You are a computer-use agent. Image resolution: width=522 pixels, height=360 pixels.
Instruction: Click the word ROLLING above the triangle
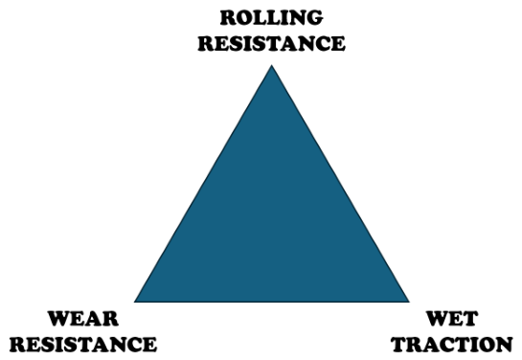(x=271, y=17)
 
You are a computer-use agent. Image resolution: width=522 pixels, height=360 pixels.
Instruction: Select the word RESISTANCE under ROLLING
(x=272, y=43)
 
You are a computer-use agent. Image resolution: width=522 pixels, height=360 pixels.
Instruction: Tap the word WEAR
(x=83, y=319)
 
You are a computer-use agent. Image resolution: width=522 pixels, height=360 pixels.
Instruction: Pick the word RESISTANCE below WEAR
(x=83, y=344)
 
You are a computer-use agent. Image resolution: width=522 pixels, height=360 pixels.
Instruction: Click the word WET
(x=452, y=319)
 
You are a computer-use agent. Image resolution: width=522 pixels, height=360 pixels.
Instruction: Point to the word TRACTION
(x=452, y=344)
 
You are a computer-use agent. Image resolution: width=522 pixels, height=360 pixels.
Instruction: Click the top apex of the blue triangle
(x=272, y=65)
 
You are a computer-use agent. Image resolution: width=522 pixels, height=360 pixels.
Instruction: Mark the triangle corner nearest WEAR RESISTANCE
(x=134, y=303)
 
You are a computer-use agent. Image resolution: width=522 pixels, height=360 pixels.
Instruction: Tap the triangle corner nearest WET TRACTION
(x=410, y=303)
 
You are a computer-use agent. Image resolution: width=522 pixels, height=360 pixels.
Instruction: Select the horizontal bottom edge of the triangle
(x=272, y=303)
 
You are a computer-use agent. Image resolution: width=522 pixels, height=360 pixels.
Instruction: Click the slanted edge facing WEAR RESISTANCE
(x=203, y=183)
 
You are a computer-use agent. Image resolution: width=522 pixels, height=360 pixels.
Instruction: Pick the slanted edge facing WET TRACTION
(x=341, y=183)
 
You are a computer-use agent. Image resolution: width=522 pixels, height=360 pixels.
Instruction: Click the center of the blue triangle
(x=272, y=223)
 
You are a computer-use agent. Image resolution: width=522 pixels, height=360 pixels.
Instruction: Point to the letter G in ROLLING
(x=314, y=17)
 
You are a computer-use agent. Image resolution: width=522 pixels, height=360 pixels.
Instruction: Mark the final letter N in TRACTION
(x=504, y=345)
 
